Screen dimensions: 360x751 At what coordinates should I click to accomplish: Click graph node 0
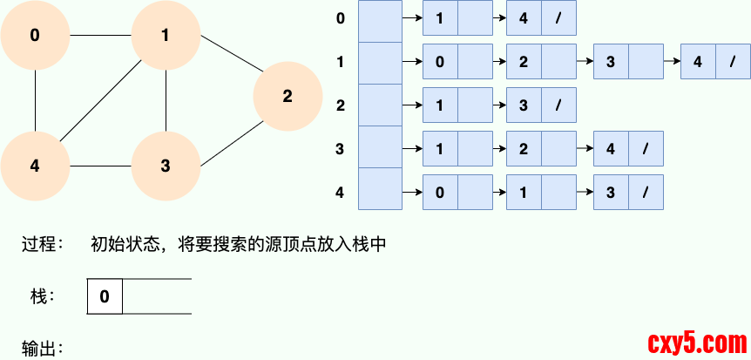35,36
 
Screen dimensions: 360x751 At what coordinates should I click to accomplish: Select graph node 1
166,36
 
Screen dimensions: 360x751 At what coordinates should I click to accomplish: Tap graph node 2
288,96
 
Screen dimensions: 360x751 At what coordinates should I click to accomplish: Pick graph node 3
166,166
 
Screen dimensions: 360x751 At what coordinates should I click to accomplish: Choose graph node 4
35,166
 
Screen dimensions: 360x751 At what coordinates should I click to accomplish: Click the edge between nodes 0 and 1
100,36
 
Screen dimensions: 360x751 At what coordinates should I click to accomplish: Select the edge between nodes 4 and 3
100,166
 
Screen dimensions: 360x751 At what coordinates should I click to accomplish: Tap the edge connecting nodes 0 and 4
35,100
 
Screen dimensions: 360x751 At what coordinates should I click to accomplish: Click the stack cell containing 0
105,296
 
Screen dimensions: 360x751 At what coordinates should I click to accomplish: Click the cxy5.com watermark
694,340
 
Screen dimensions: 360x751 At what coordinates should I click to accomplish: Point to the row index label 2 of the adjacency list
340,105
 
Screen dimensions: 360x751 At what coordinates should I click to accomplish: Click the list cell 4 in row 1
698,62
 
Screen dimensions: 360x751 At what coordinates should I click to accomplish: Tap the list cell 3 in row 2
524,105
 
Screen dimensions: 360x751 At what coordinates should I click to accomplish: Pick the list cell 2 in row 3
524,149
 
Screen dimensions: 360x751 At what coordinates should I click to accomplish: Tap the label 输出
42,349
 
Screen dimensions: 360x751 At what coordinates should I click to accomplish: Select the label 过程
42,245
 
